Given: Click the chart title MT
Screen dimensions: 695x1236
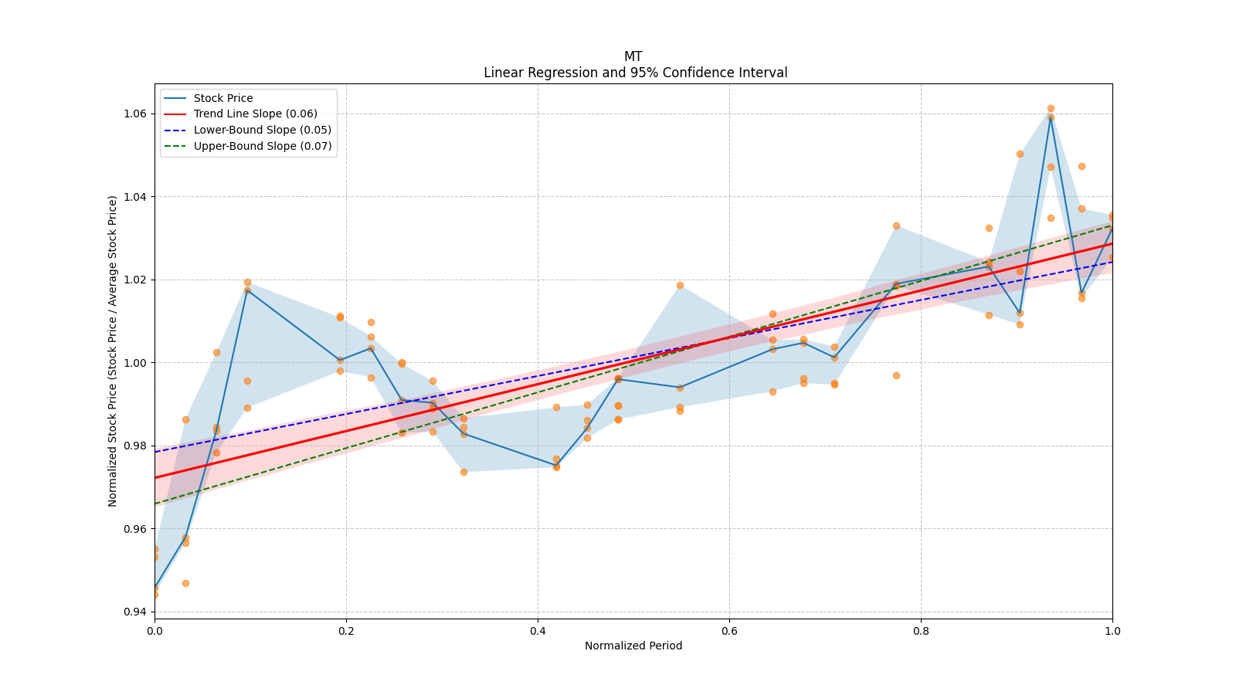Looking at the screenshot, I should tap(633, 56).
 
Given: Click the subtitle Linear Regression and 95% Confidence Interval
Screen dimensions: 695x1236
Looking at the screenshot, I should tap(635, 73).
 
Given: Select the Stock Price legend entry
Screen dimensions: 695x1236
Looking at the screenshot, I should tap(223, 98).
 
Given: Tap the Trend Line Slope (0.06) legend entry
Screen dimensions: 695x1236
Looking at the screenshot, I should tap(255, 114).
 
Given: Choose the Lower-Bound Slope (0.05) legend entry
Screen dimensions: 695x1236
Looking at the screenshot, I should tap(262, 130).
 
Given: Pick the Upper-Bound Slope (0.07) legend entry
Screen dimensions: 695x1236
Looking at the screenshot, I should tap(262, 146).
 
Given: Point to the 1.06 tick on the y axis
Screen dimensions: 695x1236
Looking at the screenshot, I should tap(136, 114).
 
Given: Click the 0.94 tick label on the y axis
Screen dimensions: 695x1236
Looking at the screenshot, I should tap(136, 612).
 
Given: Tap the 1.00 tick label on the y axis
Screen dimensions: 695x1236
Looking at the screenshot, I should tap(136, 363).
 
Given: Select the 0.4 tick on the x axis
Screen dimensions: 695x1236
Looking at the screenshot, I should tap(538, 630).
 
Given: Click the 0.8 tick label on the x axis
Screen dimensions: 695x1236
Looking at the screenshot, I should tap(921, 630).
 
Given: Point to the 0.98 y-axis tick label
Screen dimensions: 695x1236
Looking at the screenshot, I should tap(136, 446).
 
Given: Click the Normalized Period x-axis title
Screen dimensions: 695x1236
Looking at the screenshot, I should tap(633, 646).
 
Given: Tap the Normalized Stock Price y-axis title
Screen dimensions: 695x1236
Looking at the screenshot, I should tap(113, 351).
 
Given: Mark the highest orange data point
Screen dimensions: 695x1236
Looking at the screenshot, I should tap(1051, 109).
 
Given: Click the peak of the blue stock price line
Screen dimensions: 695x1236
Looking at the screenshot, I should tap(1051, 118).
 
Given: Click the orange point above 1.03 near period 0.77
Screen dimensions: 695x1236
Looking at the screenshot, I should tap(896, 225).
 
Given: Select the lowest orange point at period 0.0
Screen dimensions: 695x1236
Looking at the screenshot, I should tap(154, 595).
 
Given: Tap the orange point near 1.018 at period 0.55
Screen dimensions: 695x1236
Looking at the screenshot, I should tap(680, 285).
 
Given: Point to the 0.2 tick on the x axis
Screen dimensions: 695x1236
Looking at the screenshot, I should tap(346, 630).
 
